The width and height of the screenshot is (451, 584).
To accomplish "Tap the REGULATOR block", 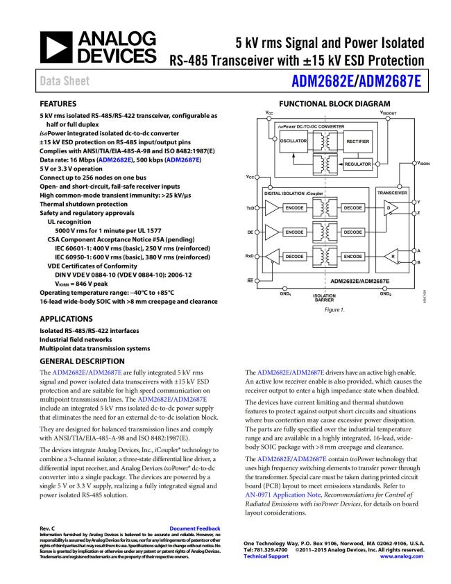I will (x=359, y=164).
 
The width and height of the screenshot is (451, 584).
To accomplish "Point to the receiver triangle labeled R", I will (x=392, y=257).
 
